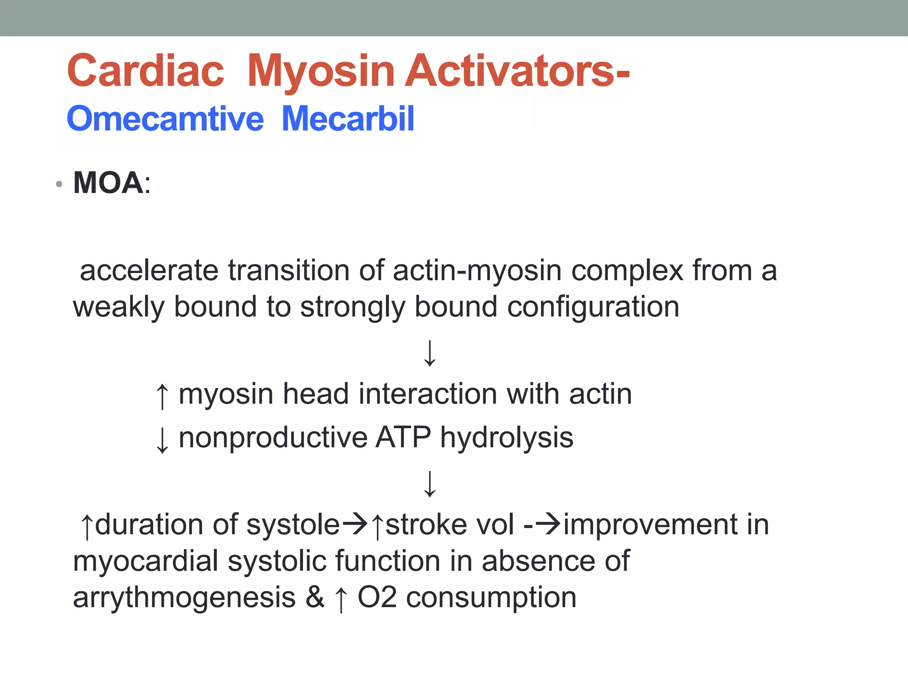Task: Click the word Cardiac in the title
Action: click(145, 71)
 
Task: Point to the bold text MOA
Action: click(108, 183)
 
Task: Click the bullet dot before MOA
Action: click(59, 184)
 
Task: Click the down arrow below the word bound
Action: click(430, 353)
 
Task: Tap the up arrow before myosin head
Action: click(162, 396)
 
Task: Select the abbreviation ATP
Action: click(403, 438)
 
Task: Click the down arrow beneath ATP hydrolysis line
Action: click(430, 484)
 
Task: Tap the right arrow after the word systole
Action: click(355, 524)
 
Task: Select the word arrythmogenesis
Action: click(184, 598)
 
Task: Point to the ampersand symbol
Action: click(315, 597)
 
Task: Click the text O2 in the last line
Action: click(376, 597)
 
